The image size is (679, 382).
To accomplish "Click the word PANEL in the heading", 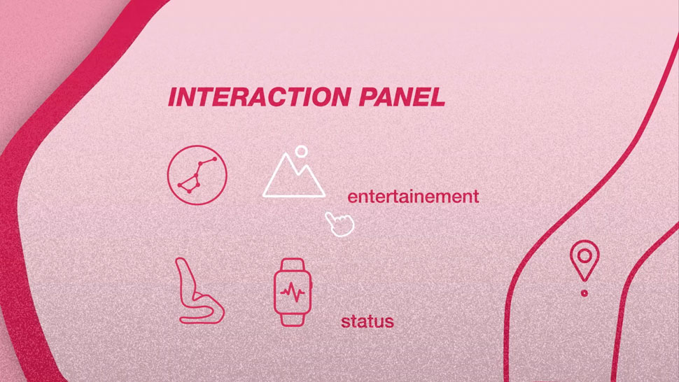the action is pyautogui.click(x=402, y=97).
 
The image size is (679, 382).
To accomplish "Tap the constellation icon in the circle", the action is pyautogui.click(x=197, y=175).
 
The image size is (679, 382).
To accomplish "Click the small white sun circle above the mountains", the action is pyautogui.click(x=302, y=151).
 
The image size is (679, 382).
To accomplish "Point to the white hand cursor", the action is pyautogui.click(x=339, y=224).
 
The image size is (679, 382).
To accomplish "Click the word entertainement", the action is pyautogui.click(x=413, y=197).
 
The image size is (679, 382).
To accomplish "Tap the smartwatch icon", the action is pyautogui.click(x=293, y=292).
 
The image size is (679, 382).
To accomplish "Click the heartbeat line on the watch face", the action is pyautogui.click(x=293, y=292).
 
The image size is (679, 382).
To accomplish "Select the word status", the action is pyautogui.click(x=367, y=321).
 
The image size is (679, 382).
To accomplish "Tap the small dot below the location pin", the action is pyautogui.click(x=584, y=293).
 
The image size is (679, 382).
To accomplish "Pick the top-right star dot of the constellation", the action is pyautogui.click(x=215, y=160).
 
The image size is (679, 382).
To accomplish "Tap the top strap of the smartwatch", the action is pyautogui.click(x=293, y=264).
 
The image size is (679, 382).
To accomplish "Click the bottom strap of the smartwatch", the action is pyautogui.click(x=293, y=320).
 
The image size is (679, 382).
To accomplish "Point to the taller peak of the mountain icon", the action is pyautogui.click(x=286, y=155).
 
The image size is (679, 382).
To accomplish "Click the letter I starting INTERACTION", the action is pyautogui.click(x=172, y=97).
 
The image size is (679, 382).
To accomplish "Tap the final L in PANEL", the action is pyautogui.click(x=437, y=97).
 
